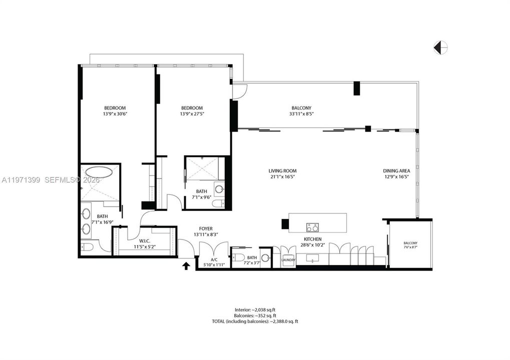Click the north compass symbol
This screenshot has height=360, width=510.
[441, 47]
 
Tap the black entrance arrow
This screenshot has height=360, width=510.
[186, 266]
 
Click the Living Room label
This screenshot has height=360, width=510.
[282, 171]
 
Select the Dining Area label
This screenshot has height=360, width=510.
[396, 171]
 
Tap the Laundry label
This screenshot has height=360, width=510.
[288, 260]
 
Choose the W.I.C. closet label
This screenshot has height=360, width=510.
[145, 241]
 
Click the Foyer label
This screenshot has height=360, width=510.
[206, 228]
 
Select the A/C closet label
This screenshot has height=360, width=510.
[214, 259]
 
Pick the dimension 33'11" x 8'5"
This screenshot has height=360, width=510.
[301, 113]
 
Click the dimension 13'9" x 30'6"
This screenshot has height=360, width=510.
[115, 113]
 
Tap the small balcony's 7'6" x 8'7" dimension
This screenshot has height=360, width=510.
[410, 247]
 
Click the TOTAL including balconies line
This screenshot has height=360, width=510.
[255, 321]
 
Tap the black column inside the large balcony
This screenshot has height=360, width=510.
[357, 88]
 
